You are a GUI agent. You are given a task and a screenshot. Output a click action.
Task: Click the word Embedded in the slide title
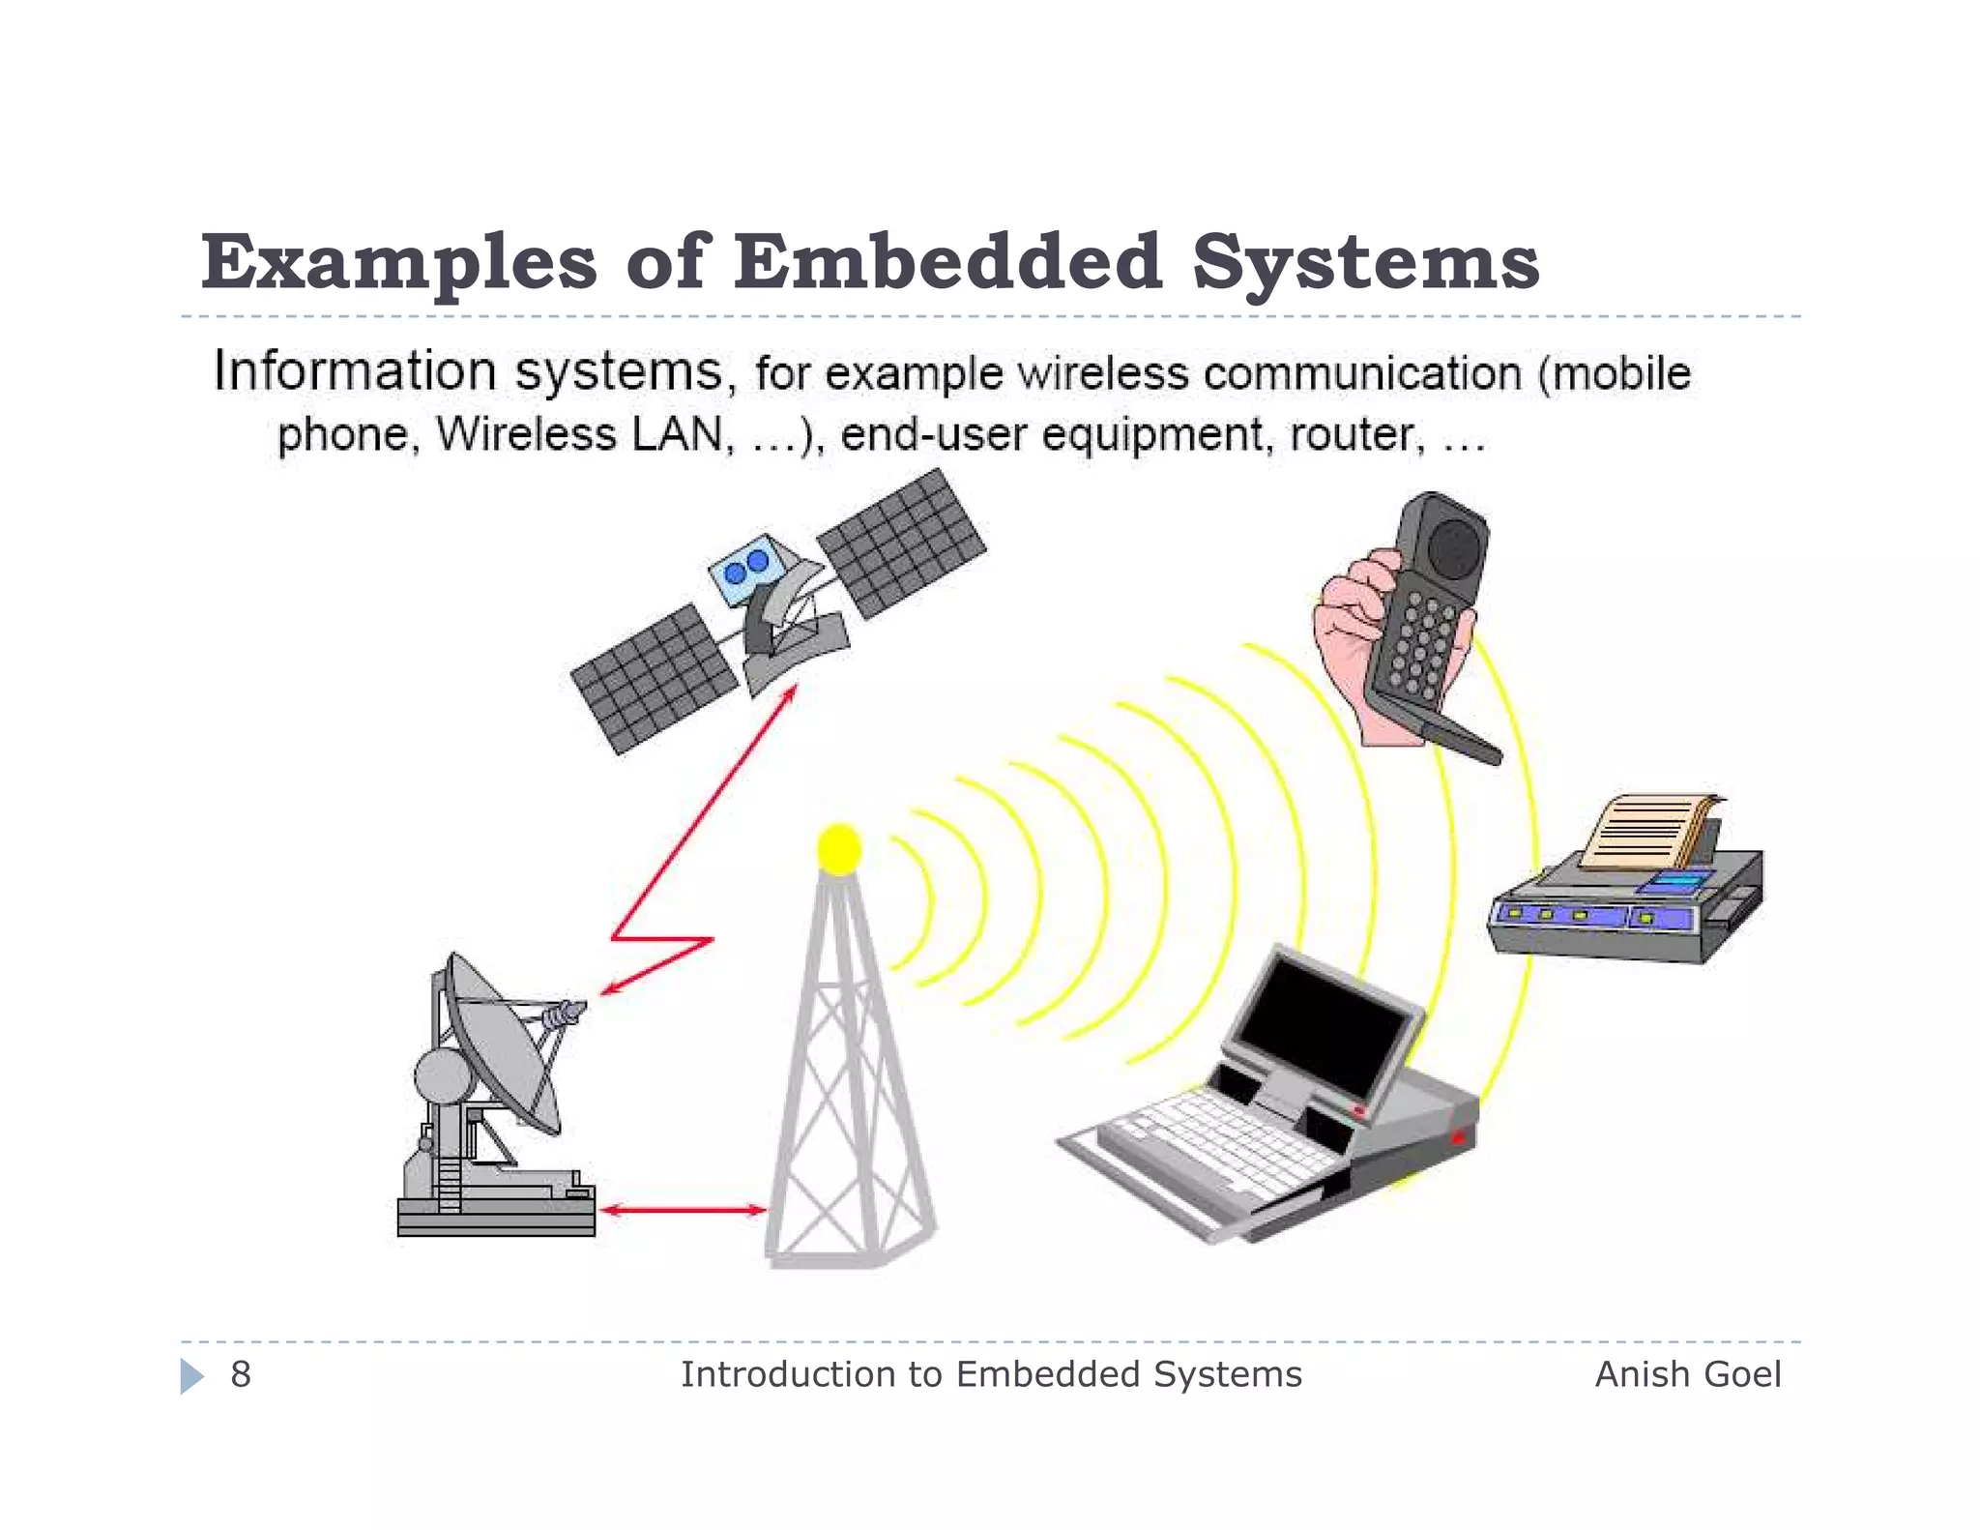[x=946, y=263]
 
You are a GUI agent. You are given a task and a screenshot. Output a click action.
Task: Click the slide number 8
[x=240, y=1374]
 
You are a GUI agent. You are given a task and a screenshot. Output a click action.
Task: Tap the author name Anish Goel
[x=1687, y=1374]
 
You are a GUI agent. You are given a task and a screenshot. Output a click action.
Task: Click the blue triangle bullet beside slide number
[x=191, y=1375]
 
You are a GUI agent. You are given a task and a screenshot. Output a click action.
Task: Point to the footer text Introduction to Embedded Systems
[x=991, y=1374]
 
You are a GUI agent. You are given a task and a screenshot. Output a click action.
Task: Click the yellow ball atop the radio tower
[x=838, y=848]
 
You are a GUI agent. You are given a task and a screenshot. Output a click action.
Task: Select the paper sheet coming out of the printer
[x=1644, y=832]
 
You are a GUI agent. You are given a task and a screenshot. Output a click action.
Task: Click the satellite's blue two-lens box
[x=744, y=566]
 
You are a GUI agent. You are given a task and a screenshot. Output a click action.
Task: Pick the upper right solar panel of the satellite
[x=901, y=544]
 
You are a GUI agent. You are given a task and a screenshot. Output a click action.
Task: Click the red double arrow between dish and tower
[x=683, y=1209]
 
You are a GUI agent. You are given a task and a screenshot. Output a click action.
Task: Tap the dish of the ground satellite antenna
[x=503, y=1045]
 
